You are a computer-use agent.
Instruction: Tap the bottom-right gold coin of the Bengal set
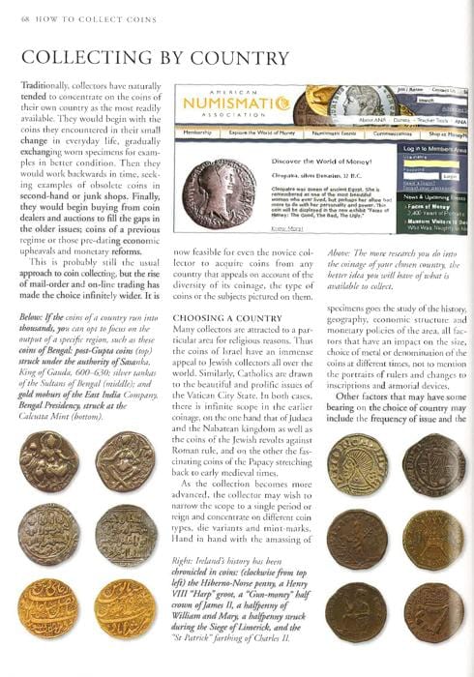click(126, 609)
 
